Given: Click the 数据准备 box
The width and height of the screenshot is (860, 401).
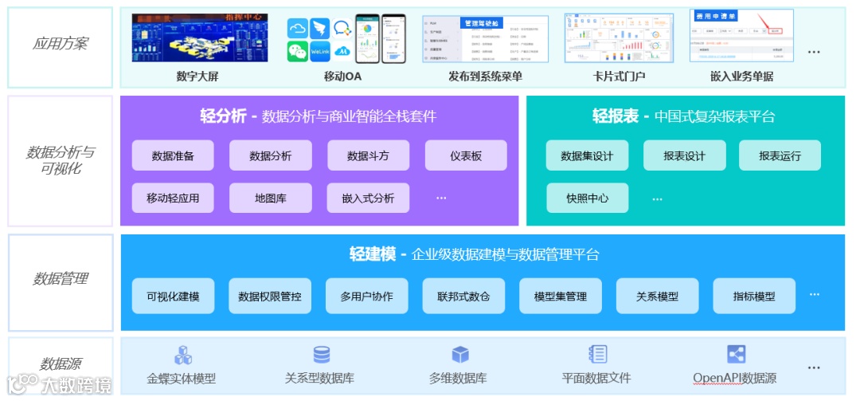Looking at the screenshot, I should [x=173, y=155].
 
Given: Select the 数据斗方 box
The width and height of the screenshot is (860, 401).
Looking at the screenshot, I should [x=368, y=155].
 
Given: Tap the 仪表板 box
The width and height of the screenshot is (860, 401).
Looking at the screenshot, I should [x=466, y=155].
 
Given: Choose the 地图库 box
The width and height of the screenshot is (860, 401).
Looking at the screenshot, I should [x=271, y=198].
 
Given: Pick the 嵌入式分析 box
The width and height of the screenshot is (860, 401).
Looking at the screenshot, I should [x=368, y=198].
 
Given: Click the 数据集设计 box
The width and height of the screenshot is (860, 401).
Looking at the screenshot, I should [x=587, y=155].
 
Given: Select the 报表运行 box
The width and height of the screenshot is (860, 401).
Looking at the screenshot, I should [x=780, y=155].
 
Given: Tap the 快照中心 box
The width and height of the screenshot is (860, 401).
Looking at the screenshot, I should [x=587, y=198].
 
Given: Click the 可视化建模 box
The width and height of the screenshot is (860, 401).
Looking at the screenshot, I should [x=173, y=296].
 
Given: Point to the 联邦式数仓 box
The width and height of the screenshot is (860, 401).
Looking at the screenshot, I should [x=463, y=296].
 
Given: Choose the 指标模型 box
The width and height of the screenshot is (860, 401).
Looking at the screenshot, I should [x=753, y=296].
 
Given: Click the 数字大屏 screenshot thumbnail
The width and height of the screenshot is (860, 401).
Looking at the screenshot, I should [x=200, y=37].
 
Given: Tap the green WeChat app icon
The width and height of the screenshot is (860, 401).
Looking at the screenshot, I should [x=298, y=52].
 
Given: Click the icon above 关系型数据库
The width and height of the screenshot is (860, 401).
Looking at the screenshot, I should [x=321, y=355].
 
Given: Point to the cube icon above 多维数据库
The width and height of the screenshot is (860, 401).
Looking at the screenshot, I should [x=460, y=355].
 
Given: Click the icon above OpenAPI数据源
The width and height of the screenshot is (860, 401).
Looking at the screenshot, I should [x=736, y=355].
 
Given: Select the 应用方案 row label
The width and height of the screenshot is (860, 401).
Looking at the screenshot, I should [x=61, y=44].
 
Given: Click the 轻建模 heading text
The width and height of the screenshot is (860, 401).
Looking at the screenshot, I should [x=373, y=254].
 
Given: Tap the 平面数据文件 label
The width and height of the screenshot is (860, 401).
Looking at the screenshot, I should [x=596, y=378].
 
